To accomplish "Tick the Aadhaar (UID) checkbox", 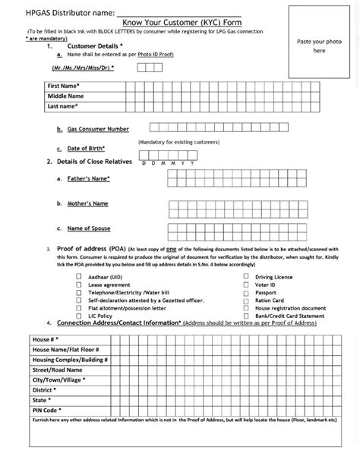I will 79,277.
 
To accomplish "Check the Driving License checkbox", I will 245,277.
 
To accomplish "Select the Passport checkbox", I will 245,293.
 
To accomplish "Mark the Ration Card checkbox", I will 245,301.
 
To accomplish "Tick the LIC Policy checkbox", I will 79,316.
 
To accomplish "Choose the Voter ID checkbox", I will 245,285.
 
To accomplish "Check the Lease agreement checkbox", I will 79,285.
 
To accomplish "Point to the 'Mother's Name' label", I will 87,203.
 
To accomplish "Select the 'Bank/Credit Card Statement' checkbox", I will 245,316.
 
